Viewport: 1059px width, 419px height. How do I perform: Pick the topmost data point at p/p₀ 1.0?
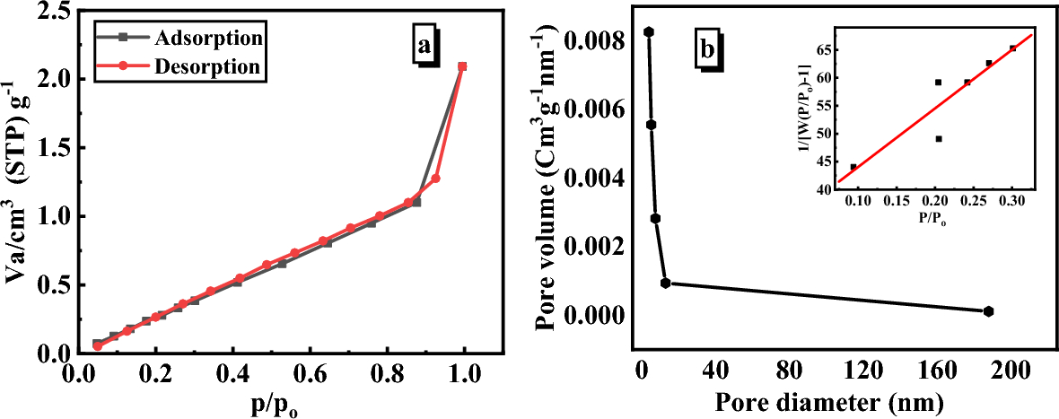point(462,66)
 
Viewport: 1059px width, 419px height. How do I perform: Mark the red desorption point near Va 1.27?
point(436,179)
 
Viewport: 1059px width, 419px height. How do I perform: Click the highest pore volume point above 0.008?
point(649,32)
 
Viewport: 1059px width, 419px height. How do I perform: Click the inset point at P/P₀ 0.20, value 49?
point(939,139)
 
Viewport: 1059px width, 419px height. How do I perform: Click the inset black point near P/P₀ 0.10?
point(853,167)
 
